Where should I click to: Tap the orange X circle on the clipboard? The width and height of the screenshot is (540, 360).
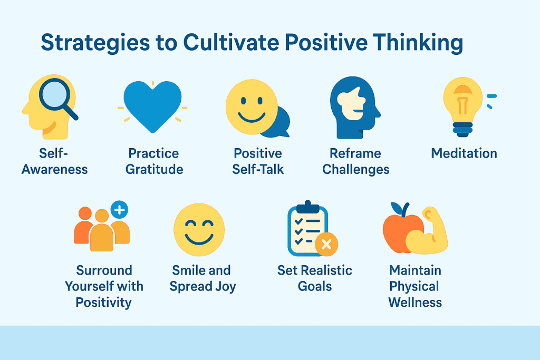point(326,244)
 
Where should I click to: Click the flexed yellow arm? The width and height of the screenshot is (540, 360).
point(430,231)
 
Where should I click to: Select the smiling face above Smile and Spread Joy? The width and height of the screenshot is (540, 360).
point(199,230)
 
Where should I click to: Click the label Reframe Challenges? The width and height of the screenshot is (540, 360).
point(356,161)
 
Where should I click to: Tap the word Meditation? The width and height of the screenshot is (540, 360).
point(464,153)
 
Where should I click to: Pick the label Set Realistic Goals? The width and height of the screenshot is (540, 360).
point(315,278)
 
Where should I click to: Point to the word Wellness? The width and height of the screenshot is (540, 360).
point(415,302)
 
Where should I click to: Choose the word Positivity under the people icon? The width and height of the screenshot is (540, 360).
point(103,303)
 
